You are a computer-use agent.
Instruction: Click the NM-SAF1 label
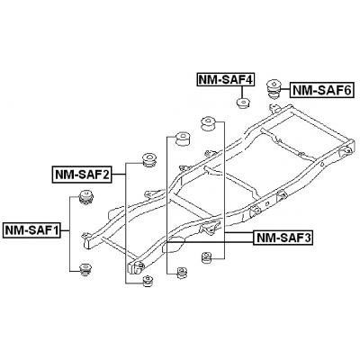(x=31, y=230)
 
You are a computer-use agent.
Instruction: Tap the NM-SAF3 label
(x=283, y=238)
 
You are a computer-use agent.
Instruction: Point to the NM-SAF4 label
(x=225, y=80)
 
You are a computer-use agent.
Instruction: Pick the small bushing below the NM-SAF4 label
(x=243, y=101)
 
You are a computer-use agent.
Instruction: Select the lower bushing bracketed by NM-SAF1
(x=87, y=269)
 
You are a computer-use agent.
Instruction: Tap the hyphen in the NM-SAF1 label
(x=24, y=230)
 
